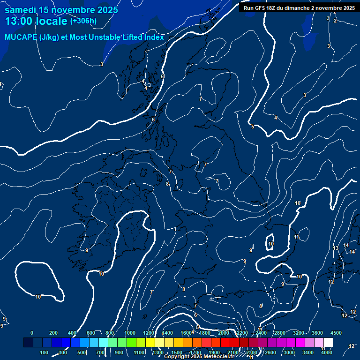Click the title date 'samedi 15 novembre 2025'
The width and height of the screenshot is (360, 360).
[61, 10]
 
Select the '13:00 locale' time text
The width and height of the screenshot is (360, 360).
[37, 22]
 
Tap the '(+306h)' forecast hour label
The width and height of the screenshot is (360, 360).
[83, 21]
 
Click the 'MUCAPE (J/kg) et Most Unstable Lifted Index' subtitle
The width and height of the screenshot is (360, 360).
[84, 37]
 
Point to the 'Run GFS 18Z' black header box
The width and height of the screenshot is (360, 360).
[299, 7]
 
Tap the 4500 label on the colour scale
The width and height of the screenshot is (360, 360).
[336, 333]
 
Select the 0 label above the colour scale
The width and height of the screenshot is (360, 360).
[32, 333]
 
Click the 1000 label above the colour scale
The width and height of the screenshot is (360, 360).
[130, 333]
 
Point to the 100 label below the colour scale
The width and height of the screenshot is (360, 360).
[45, 352]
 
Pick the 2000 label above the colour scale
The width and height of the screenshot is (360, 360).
[224, 333]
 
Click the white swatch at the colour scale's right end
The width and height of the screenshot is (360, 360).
[328, 343]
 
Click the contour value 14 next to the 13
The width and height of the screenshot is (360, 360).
[346, 246]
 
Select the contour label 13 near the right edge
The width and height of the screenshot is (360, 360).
[336, 248]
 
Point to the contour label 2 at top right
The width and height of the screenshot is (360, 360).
[335, 21]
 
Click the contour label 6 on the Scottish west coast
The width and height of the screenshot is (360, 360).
[153, 120]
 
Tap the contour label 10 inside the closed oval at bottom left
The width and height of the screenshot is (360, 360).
[38, 297]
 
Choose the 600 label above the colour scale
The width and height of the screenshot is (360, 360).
[91, 333]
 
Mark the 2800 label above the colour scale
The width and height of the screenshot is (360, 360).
[279, 333]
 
